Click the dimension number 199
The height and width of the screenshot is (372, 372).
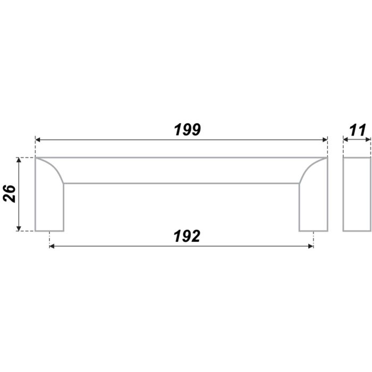click(188, 130)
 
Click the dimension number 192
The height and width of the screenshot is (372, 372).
click(187, 236)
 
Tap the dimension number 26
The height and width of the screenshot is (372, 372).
click(10, 193)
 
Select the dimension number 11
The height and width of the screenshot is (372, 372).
click(357, 130)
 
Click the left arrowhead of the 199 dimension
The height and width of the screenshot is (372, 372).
click(38, 140)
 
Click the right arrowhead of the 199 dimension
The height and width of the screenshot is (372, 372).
click(325, 140)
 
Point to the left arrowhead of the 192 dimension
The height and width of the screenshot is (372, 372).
click(52, 246)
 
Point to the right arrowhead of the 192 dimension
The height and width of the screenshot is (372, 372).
click(311, 246)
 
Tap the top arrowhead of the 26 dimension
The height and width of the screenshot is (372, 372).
click(19, 159)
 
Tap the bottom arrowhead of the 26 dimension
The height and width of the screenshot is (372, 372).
click(19, 229)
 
